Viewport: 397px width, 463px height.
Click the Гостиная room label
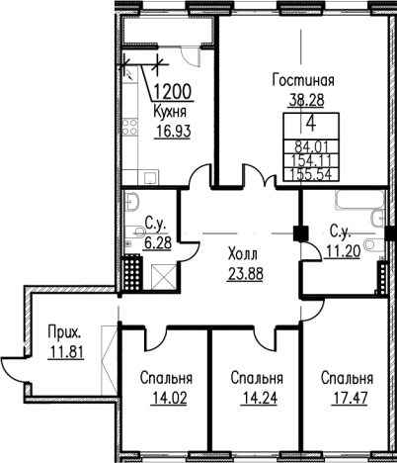click(303, 80)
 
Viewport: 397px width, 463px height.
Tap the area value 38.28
click(306, 98)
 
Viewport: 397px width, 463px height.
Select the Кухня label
click(170, 113)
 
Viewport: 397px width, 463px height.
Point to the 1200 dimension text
click(173, 92)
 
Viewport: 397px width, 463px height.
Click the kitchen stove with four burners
click(129, 127)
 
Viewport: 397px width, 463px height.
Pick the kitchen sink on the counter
click(151, 177)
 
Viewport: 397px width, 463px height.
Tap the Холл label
click(243, 254)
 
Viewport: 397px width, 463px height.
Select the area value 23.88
click(245, 273)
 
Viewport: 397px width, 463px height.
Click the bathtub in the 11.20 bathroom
click(359, 200)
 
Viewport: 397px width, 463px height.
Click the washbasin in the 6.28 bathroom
click(131, 201)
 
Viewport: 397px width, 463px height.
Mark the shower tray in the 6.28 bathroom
click(162, 278)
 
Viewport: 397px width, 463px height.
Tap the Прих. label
click(64, 332)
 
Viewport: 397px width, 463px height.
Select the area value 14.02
click(169, 398)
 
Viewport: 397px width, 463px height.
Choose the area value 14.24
click(260, 398)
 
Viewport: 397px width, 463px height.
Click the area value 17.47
click(350, 398)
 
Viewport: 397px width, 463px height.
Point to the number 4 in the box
click(311, 125)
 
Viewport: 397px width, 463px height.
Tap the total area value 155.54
click(311, 174)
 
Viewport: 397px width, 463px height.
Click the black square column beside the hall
click(300, 232)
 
